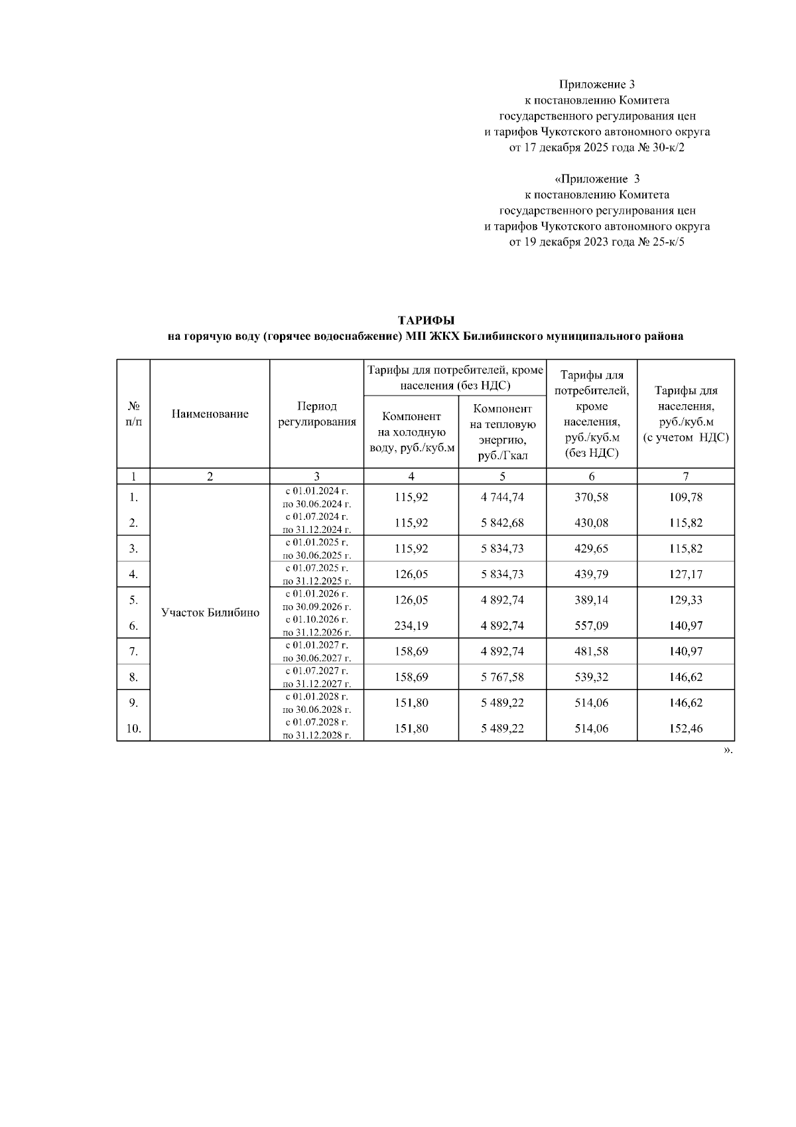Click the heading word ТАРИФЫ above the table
(x=425, y=321)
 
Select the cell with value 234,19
(x=411, y=625)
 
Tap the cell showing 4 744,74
(x=502, y=497)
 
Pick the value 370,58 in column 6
(x=591, y=497)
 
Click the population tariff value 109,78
(x=685, y=497)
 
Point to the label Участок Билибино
(x=210, y=613)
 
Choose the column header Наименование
(x=210, y=414)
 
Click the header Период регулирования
(x=316, y=414)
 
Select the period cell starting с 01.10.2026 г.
(x=316, y=625)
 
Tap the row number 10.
(x=133, y=729)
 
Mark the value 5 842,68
(x=502, y=523)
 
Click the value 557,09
(x=591, y=625)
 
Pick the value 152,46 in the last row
(x=685, y=729)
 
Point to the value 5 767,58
(x=502, y=677)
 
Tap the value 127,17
(x=685, y=574)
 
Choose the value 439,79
(x=591, y=574)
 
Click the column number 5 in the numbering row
(x=502, y=476)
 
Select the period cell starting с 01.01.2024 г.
(x=316, y=497)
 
